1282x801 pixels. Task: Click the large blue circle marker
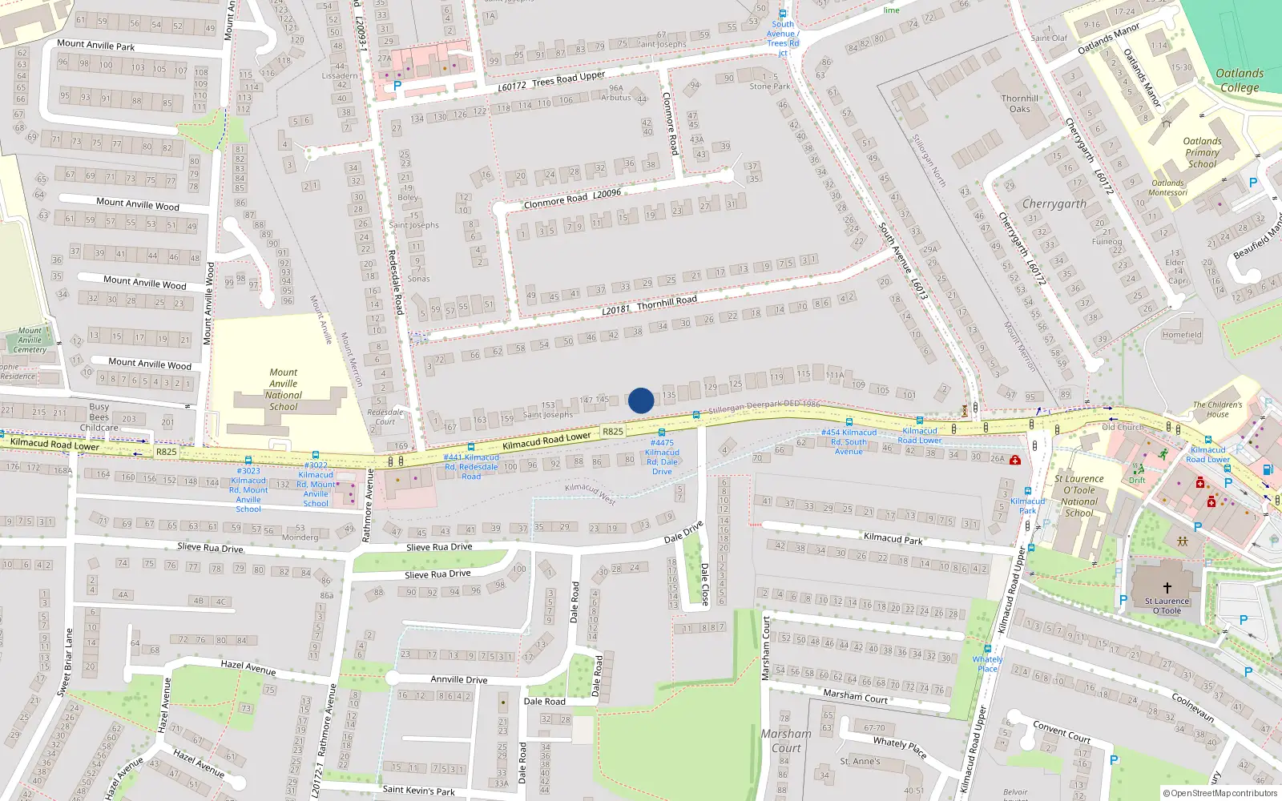point(641,400)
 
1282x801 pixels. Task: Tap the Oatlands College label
point(1240,80)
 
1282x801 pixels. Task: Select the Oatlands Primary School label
point(1202,152)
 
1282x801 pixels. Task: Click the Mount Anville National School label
point(284,389)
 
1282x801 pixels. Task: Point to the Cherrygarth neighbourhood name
point(1054,204)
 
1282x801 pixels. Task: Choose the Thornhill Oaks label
point(1020,103)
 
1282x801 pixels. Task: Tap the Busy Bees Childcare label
point(99,417)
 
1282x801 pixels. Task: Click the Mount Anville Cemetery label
point(30,340)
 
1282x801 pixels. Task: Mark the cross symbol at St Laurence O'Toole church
point(1167,588)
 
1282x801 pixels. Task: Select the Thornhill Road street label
point(667,301)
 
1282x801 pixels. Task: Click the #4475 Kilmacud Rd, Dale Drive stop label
point(663,457)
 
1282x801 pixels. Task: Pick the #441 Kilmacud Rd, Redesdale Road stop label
point(471,467)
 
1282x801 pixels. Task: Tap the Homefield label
point(1182,335)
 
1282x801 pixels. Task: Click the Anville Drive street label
point(458,679)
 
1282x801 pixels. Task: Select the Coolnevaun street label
point(1193,707)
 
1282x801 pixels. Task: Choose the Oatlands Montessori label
point(1168,187)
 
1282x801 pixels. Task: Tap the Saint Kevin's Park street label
point(418,791)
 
